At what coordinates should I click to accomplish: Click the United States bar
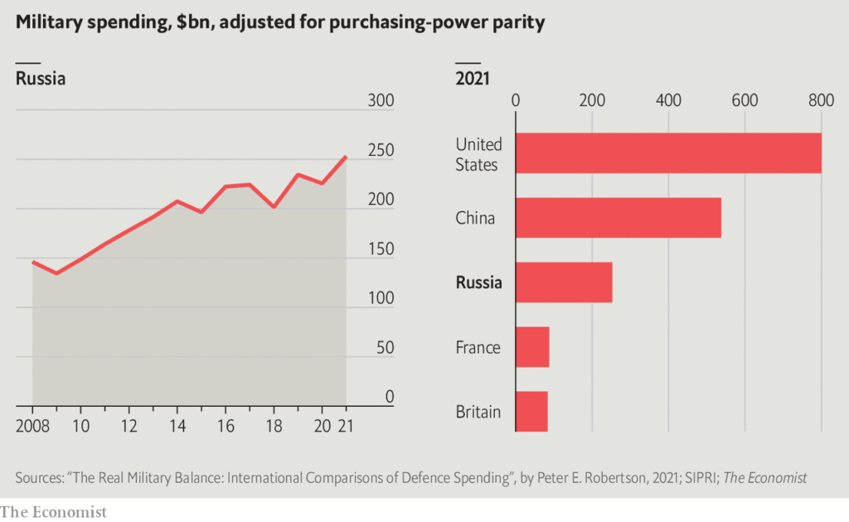[x=668, y=153]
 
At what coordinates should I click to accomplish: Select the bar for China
[x=619, y=218]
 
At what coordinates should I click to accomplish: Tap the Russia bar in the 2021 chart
[x=564, y=283]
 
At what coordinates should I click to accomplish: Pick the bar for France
[x=532, y=346]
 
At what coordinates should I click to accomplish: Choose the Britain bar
[x=531, y=411]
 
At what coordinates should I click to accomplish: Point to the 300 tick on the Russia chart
[x=380, y=101]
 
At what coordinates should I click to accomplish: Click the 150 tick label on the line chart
[x=380, y=249]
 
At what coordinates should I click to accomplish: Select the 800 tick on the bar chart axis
[x=821, y=101]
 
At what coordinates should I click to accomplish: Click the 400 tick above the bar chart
[x=668, y=101]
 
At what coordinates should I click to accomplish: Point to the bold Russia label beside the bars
[x=479, y=283]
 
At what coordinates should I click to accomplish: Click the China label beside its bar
[x=475, y=219]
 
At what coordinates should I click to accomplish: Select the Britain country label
[x=478, y=412]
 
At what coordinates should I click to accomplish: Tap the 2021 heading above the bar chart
[x=473, y=80]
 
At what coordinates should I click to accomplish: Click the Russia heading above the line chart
[x=41, y=80]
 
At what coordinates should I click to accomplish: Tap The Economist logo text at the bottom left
[x=54, y=511]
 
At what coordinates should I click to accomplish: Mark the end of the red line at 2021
[x=346, y=157]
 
